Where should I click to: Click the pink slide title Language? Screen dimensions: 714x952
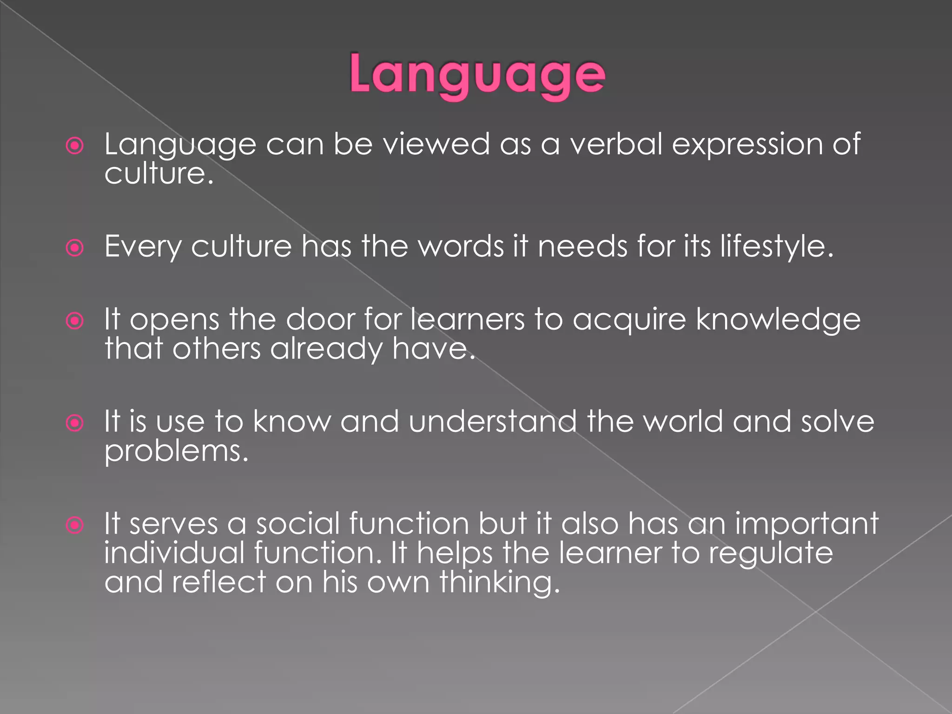click(477, 74)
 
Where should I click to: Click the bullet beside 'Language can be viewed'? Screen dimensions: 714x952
click(75, 146)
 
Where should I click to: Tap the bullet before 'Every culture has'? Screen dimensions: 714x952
click(75, 248)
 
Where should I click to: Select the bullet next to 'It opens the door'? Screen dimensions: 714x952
click(75, 321)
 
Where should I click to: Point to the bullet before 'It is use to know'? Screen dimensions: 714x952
click(75, 423)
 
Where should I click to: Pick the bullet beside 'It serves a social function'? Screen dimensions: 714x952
click(75, 525)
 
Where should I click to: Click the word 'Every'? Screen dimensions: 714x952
click(143, 246)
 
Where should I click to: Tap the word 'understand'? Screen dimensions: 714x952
click(493, 422)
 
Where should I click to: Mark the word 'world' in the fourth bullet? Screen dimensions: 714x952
click(683, 422)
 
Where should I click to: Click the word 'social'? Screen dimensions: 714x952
click(298, 524)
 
